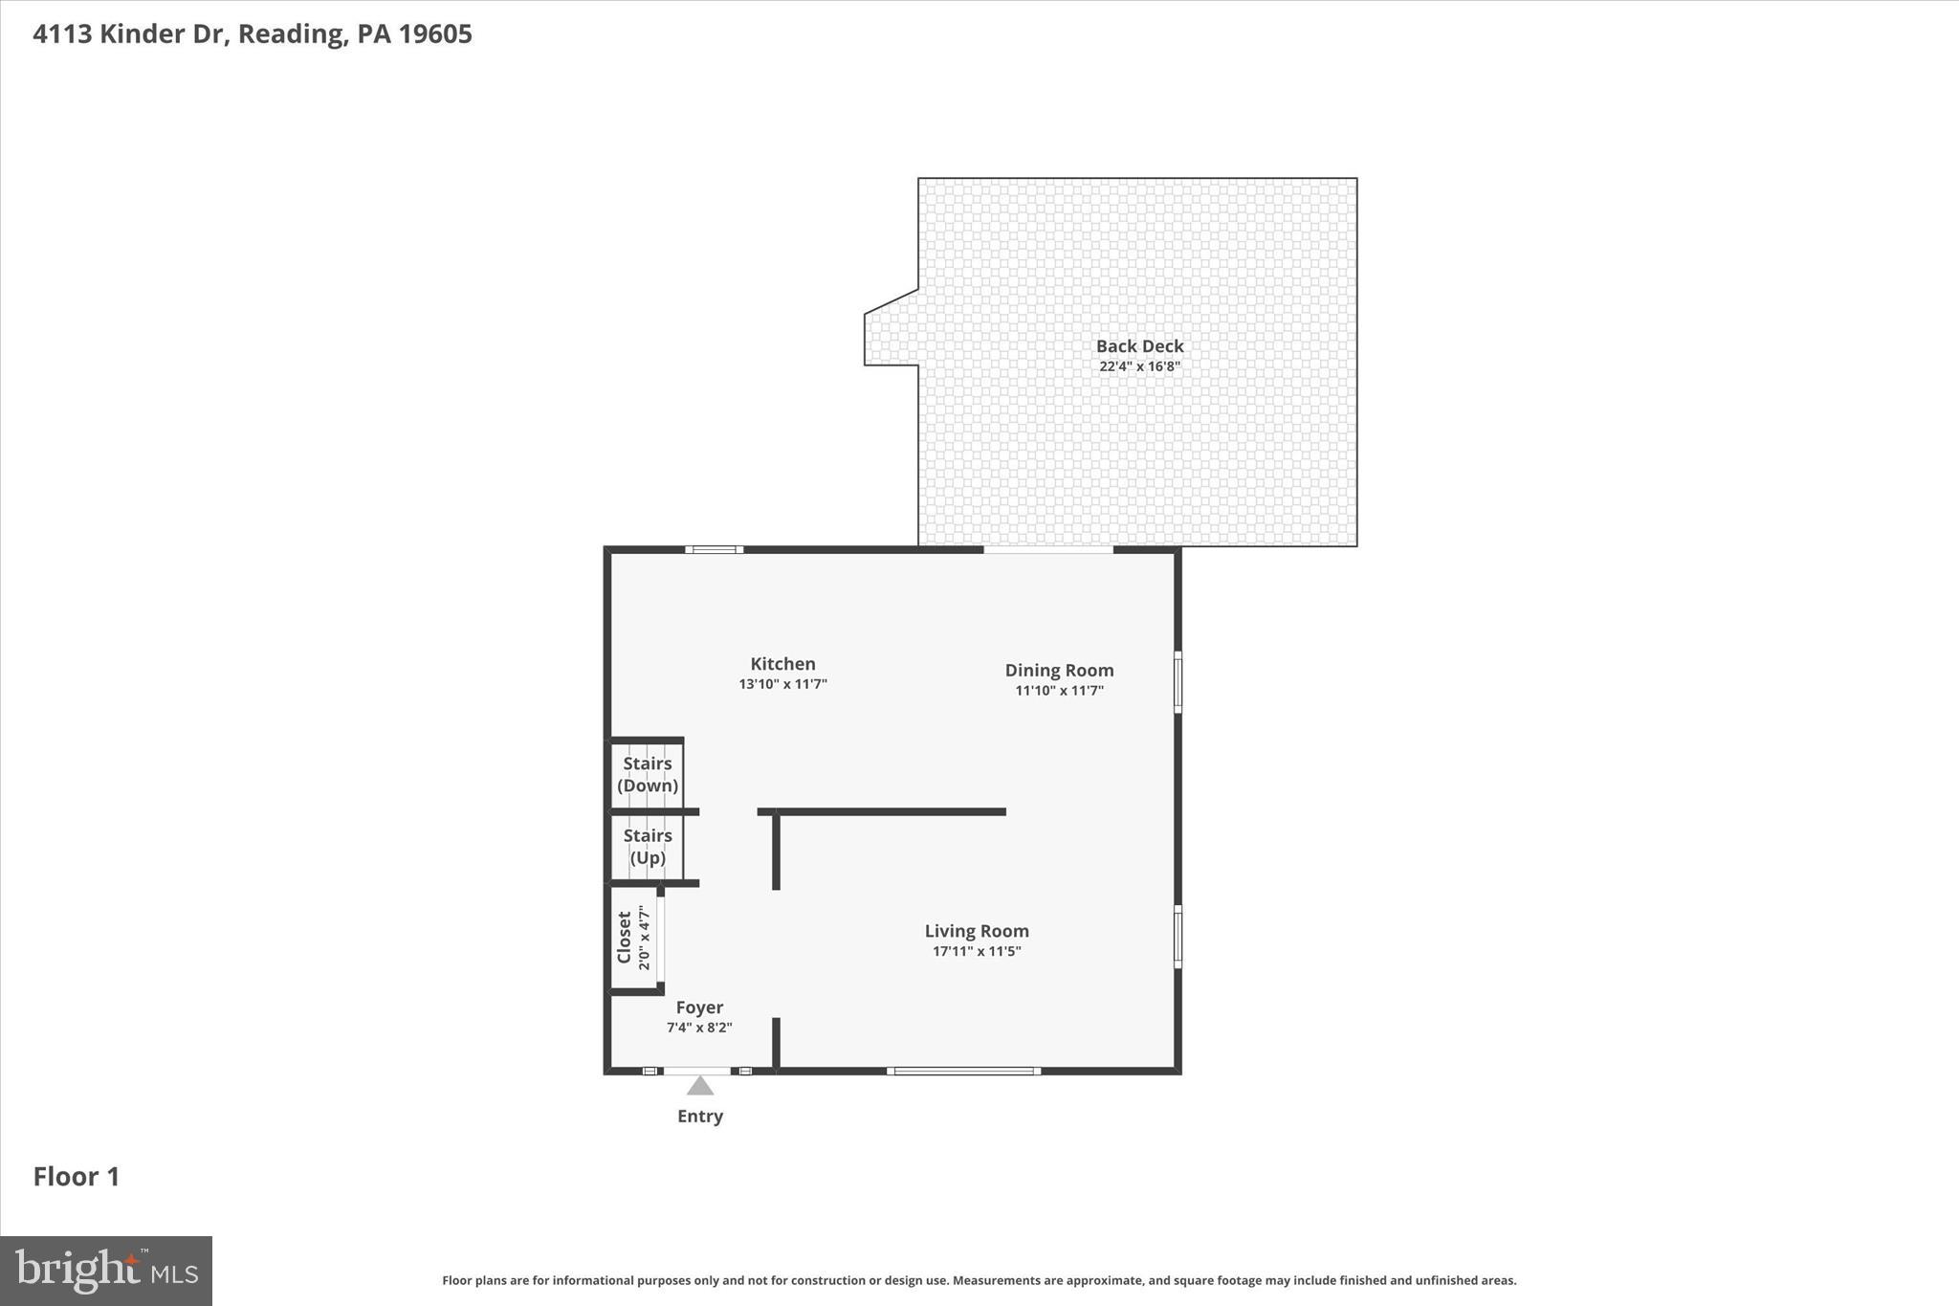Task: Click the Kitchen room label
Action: click(x=782, y=664)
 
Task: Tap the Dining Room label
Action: click(x=1059, y=671)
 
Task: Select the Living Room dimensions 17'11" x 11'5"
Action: click(x=977, y=951)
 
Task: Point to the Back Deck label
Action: click(x=1139, y=346)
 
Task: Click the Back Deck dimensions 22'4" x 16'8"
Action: click(x=1139, y=366)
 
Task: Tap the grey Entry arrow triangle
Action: click(x=700, y=1087)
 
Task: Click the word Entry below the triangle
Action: click(x=700, y=1117)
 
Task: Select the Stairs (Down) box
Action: click(x=648, y=775)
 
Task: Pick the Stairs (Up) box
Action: click(x=648, y=847)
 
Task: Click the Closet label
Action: click(x=625, y=938)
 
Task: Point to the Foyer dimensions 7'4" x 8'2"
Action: click(x=699, y=1028)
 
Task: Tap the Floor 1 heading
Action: click(x=77, y=1177)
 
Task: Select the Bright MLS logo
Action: click(x=106, y=1271)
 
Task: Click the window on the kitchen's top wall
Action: click(x=714, y=550)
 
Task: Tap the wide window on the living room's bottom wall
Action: click(x=963, y=1071)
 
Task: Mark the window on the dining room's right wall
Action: click(x=1178, y=682)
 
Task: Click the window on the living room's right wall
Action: click(x=1178, y=937)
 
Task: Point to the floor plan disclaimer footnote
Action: click(x=979, y=1280)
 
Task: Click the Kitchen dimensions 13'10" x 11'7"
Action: click(x=782, y=684)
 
